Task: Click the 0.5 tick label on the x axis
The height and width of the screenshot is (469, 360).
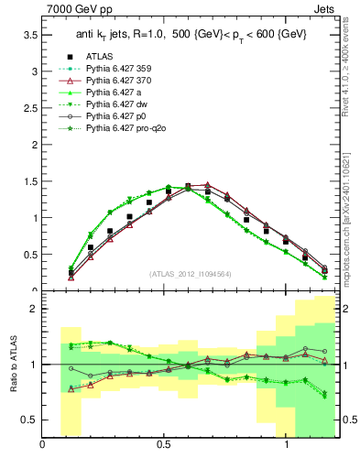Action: pyautogui.click(x=164, y=446)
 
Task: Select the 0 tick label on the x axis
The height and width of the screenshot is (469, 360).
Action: pyautogui.click(x=43, y=446)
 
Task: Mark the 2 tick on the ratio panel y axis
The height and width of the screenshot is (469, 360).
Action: pyautogui.click(x=35, y=309)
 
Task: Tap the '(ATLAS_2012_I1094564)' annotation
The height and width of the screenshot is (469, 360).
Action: pyautogui.click(x=189, y=273)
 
